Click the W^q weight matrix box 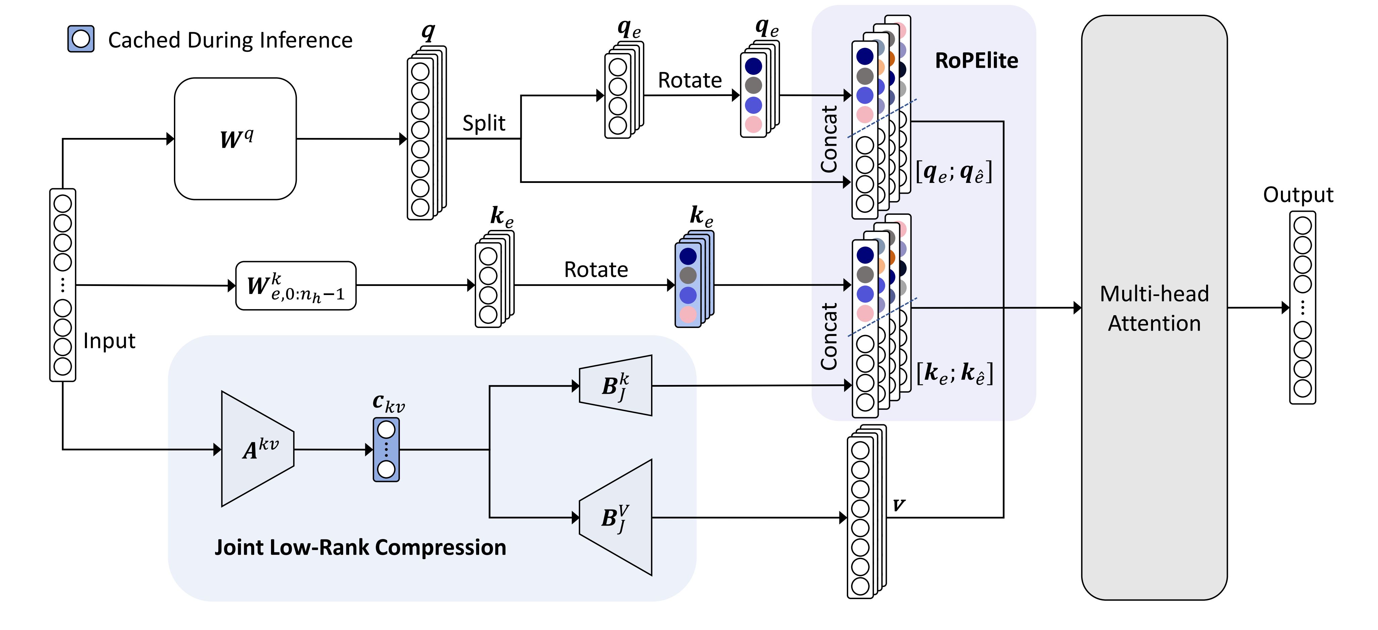coord(235,139)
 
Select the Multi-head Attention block coord(1154,307)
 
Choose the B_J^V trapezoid coord(616,518)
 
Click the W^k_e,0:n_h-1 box coord(296,286)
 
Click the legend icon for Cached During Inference coord(81,39)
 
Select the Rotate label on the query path coord(690,80)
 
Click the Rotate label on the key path coord(596,270)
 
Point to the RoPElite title coord(976,60)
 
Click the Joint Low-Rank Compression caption coord(360,547)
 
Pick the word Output coord(1298,195)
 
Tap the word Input coord(109,341)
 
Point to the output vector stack coord(1302,307)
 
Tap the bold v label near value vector coord(899,504)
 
